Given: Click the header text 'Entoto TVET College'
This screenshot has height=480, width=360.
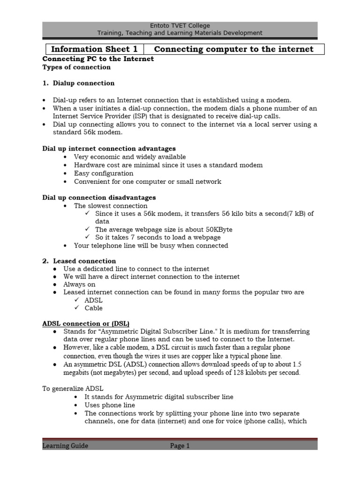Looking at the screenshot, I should tap(180, 25).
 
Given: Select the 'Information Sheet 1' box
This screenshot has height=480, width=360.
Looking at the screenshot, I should tap(94, 49).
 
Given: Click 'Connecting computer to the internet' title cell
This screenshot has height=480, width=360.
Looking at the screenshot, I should tap(233, 49).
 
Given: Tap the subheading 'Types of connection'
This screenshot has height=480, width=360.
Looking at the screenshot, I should tap(76, 67).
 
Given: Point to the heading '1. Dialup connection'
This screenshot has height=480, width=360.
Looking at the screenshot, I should tap(78, 83).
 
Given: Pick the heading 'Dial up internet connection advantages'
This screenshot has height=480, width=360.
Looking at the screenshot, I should tap(109, 149).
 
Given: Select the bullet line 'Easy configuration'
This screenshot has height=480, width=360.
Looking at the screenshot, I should tap(104, 173).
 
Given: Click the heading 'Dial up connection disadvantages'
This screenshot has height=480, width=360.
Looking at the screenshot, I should tap(99, 197).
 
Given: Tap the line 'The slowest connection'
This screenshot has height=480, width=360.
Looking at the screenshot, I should tap(111, 206).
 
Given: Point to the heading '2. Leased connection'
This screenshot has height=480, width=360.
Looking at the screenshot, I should tap(79, 261).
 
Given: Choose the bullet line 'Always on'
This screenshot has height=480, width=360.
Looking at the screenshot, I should tap(80, 285).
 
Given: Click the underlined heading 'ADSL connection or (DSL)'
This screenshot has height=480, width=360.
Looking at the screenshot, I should tap(86, 323).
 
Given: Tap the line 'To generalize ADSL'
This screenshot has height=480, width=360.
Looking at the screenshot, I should tap(73, 389).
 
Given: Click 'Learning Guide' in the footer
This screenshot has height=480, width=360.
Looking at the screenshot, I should tap(65, 446).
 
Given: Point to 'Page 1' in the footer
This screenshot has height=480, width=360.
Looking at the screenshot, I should tap(180, 446).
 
